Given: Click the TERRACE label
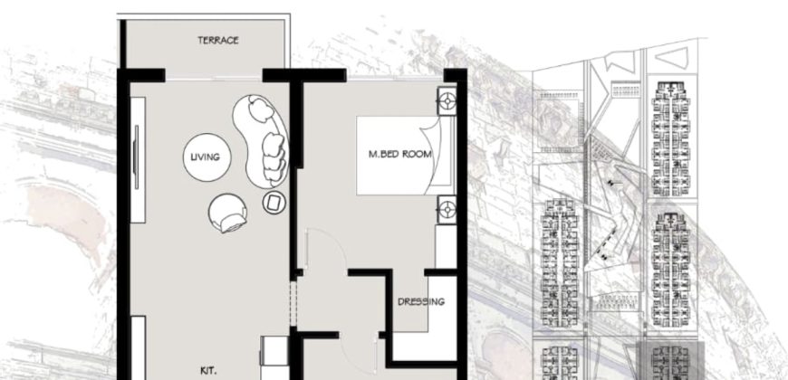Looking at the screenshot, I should [x=218, y=41].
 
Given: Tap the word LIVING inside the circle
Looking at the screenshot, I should [x=206, y=157].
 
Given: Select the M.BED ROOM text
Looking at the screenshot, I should [x=399, y=155].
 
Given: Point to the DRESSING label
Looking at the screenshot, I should [x=421, y=301].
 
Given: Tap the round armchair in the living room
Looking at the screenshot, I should [x=227, y=214].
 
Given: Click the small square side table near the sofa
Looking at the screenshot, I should [x=273, y=202].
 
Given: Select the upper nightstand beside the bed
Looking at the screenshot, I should [x=447, y=100].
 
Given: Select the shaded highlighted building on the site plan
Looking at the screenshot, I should [x=670, y=362].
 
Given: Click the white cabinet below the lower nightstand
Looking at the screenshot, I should [x=445, y=245].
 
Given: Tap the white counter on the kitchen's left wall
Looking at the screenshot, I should [x=138, y=347].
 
